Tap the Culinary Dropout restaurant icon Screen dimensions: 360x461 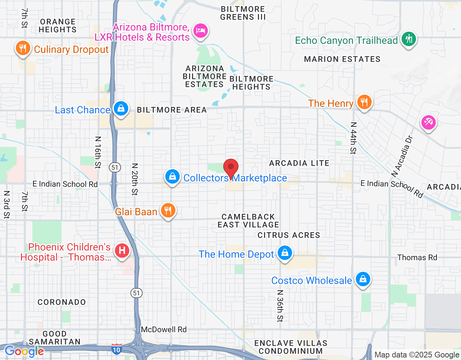(x=23, y=48)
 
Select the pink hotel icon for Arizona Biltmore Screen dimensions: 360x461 (x=201, y=31)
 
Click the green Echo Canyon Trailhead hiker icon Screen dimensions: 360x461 (x=408, y=39)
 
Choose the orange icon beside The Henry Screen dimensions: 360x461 (x=364, y=102)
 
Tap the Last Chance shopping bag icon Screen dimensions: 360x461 (x=121, y=108)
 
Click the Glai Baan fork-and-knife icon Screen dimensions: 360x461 (x=168, y=210)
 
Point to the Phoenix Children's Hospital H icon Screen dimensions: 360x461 (x=122, y=250)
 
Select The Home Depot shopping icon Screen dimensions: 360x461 (x=285, y=253)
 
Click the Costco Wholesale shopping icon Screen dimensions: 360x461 (x=363, y=279)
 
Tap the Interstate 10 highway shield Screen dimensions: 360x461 (x=116, y=349)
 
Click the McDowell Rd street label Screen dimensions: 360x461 (x=164, y=329)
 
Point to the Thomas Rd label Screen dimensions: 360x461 (x=417, y=257)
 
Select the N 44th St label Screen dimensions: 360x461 (x=353, y=138)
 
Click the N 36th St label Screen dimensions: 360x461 (x=280, y=306)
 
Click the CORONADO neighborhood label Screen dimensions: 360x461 (x=62, y=302)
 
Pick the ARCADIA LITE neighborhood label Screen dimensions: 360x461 (x=299, y=163)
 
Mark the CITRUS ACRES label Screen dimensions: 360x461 (x=288, y=235)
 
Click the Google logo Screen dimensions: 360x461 (x=24, y=351)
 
